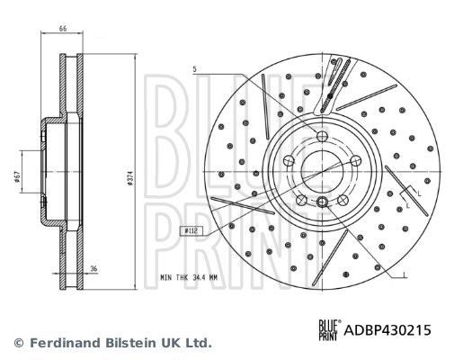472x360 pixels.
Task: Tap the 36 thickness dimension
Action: (94, 268)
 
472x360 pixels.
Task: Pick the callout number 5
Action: (193, 68)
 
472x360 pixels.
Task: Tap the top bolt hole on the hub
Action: (321, 137)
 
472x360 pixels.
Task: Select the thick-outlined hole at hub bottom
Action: (321, 202)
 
